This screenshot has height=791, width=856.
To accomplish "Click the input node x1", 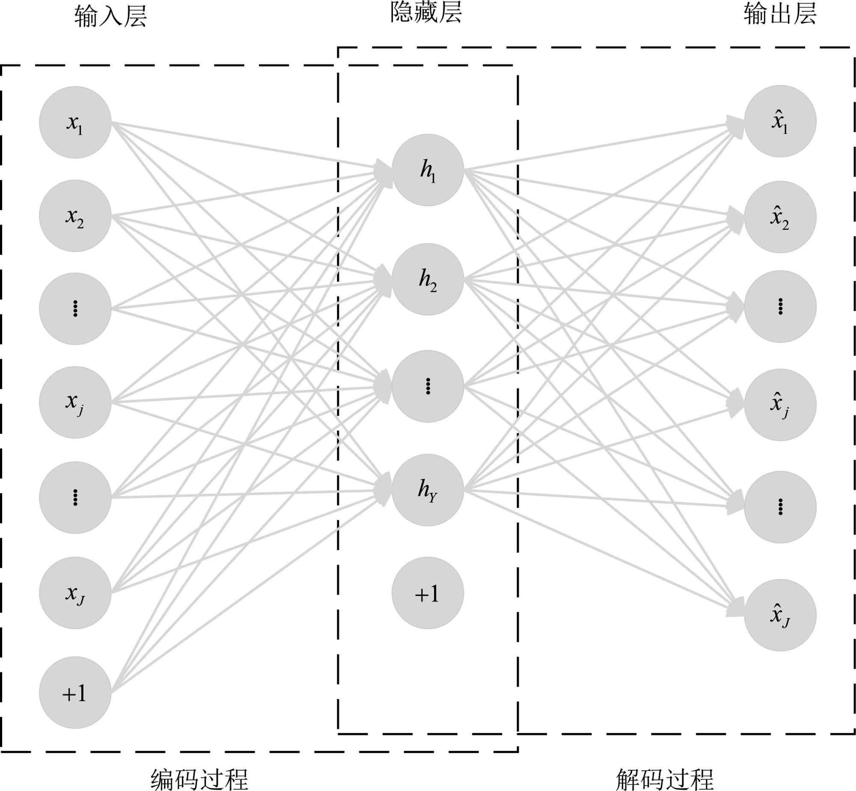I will pos(75,122).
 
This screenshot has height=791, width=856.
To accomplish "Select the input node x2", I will pos(75,216).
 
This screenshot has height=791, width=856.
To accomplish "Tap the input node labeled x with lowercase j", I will pos(75,403).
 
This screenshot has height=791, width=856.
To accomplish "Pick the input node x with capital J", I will pos(75,593).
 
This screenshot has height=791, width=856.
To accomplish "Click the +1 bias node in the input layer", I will pos(75,693).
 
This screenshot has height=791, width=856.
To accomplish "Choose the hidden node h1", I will pos(428,170).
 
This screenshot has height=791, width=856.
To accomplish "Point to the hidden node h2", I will pos(428,279).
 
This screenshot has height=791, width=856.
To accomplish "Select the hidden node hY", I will pos(428,490).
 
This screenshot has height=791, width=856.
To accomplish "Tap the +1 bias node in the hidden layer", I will pos(428,593).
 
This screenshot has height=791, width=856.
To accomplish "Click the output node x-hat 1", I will pos(780,121).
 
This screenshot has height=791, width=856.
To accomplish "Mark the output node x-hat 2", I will pos(780,217).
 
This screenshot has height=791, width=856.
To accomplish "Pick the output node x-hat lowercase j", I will pos(780,405).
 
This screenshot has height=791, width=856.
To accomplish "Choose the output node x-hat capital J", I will pos(780,615).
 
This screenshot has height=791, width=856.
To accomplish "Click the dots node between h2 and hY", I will pos(428,386).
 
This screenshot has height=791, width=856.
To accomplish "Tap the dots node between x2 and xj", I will pos(75,308).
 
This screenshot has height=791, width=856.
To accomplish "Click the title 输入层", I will pos(110,16).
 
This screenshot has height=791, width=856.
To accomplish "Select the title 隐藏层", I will pos(426,13).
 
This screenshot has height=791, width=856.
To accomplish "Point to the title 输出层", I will pos(780,14).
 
